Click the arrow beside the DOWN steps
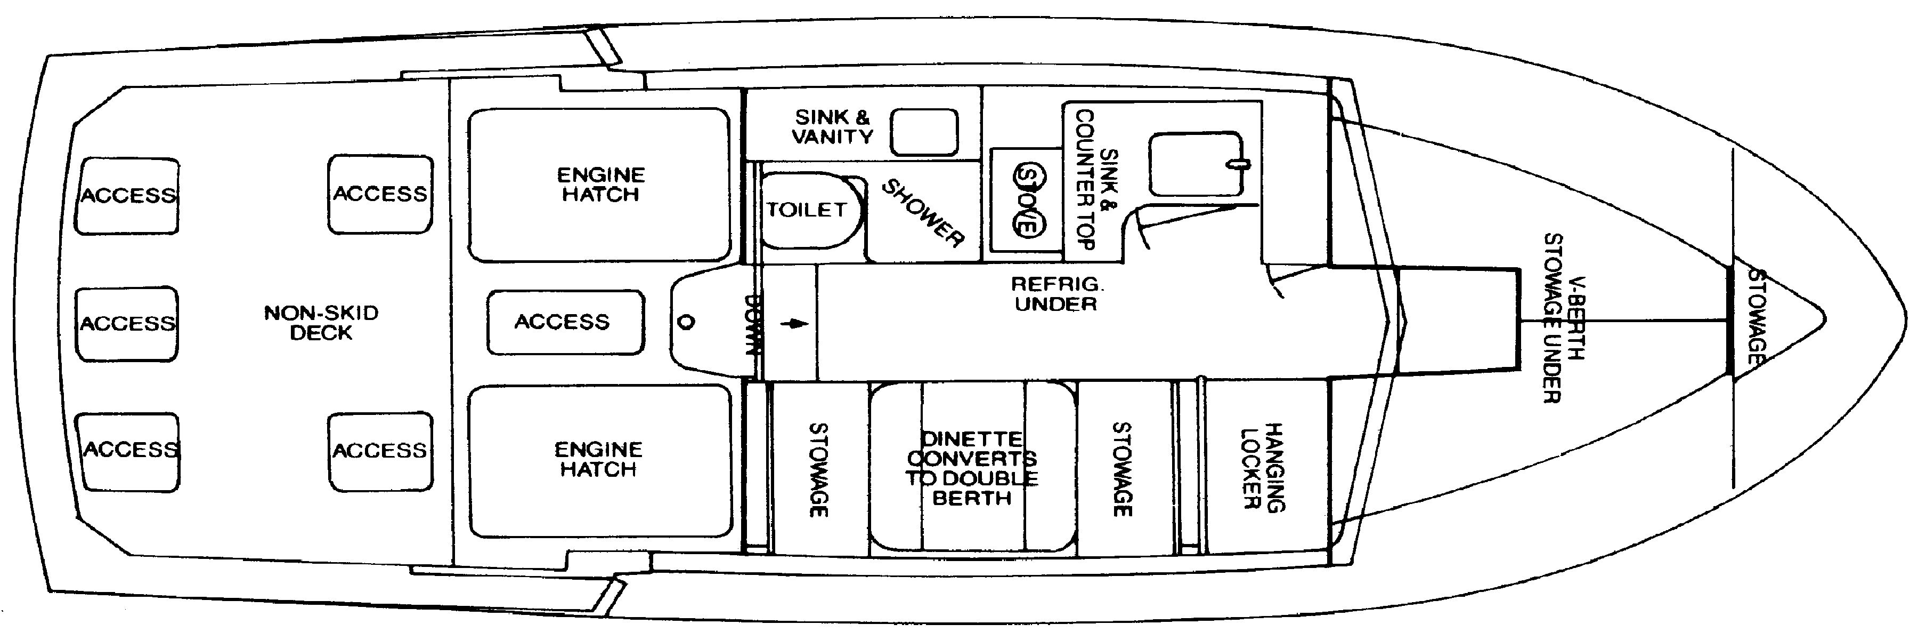pos(795,324)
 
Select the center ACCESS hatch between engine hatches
pos(564,322)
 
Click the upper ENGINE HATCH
pos(600,185)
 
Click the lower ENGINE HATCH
pos(599,460)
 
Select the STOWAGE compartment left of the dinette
pos(819,469)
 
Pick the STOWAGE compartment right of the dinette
pos(1122,469)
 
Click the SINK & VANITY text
pos(832,126)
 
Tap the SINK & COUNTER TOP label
pos(1097,179)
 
